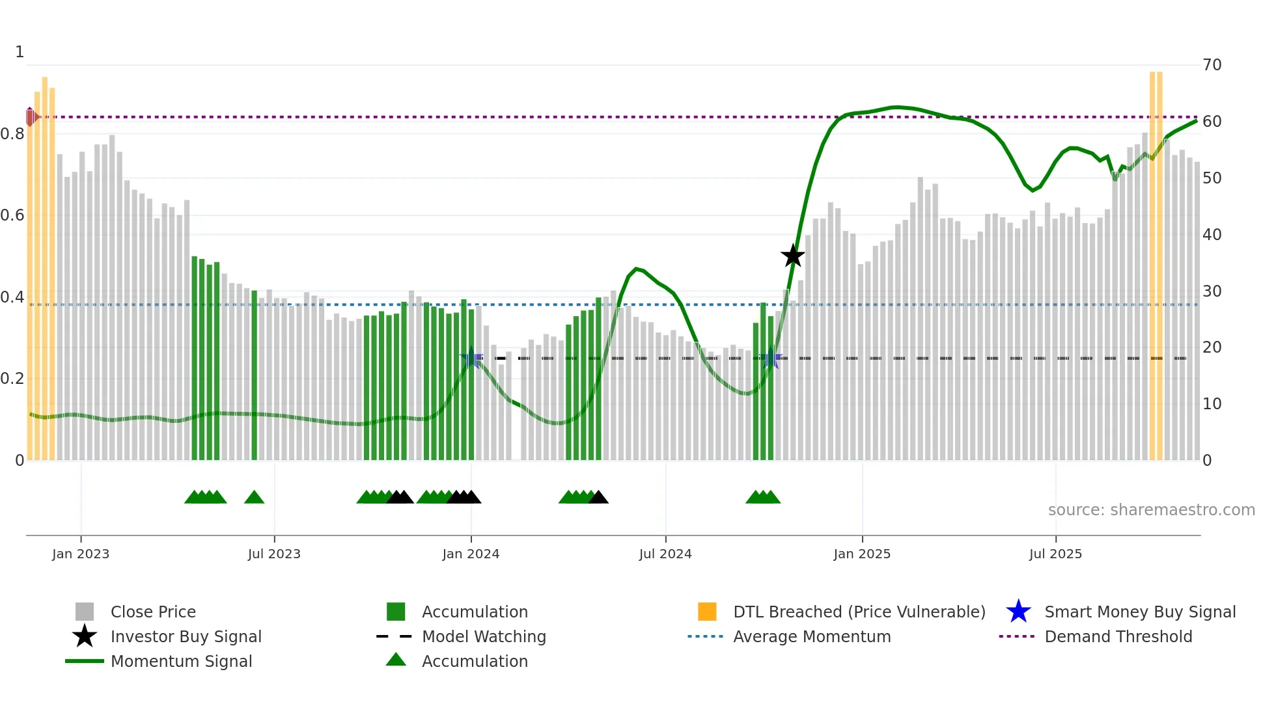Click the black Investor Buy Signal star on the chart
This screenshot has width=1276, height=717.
pyautogui.click(x=792, y=256)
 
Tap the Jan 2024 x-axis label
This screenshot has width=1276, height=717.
pyautogui.click(x=471, y=554)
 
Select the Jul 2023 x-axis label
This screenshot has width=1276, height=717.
pyautogui.click(x=274, y=554)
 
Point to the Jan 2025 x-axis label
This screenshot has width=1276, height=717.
pyautogui.click(x=862, y=554)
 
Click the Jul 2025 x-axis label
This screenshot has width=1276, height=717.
pyautogui.click(x=1055, y=554)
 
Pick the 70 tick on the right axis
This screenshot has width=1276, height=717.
pyautogui.click(x=1212, y=65)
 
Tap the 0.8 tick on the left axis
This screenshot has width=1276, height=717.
pyautogui.click(x=13, y=134)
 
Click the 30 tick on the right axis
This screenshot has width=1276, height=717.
pyautogui.click(x=1212, y=291)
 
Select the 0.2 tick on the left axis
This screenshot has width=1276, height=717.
pyautogui.click(x=13, y=379)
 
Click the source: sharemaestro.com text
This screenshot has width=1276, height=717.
pyautogui.click(x=1151, y=510)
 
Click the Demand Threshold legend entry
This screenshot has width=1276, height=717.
pyautogui.click(x=1118, y=637)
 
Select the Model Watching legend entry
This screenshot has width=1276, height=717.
pyautogui.click(x=484, y=637)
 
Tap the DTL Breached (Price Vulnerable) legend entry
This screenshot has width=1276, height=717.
pyautogui.click(x=859, y=612)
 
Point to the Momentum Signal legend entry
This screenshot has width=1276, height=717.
pyautogui.click(x=181, y=662)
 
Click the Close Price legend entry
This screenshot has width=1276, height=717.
pyautogui.click(x=153, y=612)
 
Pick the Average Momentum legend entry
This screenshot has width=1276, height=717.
pyautogui.click(x=812, y=637)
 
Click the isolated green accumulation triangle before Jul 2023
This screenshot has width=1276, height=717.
pyautogui.click(x=254, y=498)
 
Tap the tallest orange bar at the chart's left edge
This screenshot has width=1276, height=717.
pyautogui.click(x=45, y=260)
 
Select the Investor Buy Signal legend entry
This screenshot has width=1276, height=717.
pyautogui.click(x=186, y=637)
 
